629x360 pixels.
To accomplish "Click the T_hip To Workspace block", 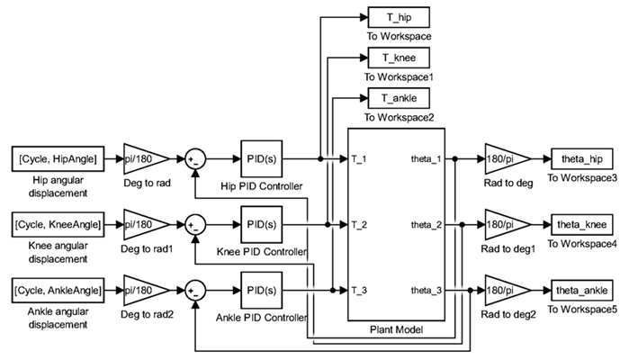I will point(399,18).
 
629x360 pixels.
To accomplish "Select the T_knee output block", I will point(399,58).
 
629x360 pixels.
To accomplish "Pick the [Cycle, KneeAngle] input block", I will point(57,222).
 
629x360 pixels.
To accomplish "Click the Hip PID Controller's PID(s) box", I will point(261,158).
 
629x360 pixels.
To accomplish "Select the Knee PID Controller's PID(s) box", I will point(261,222).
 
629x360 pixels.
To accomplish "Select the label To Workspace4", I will point(582,243).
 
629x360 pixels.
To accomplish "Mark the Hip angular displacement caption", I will point(57,186).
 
